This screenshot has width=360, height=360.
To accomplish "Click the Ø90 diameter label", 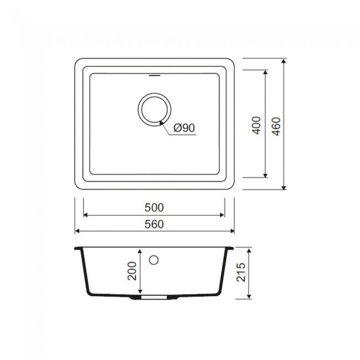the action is (x=184, y=127).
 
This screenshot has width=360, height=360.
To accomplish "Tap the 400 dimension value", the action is (x=256, y=125).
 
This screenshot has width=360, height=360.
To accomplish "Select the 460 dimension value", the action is (x=276, y=126).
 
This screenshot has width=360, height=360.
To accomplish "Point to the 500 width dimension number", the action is (x=154, y=208).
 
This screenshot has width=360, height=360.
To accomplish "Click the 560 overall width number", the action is (x=154, y=224).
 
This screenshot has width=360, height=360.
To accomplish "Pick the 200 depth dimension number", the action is (x=132, y=271).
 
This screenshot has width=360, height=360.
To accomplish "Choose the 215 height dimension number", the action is (x=241, y=272).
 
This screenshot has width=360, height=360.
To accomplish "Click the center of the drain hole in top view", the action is (x=155, y=110).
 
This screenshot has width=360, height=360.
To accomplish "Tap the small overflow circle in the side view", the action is (x=153, y=260).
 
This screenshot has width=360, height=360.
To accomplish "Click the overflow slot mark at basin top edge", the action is (x=155, y=75).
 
